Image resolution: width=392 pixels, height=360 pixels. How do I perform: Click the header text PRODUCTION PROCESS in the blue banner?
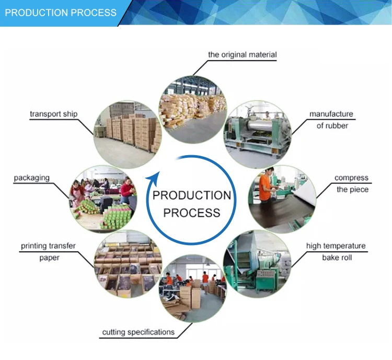click(61, 13)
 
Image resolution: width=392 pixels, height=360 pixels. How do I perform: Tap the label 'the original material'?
click(243, 54)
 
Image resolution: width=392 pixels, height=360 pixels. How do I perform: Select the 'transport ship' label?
click(53, 114)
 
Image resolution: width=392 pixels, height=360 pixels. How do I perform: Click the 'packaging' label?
click(32, 178)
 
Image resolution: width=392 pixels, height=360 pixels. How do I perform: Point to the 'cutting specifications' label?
click(138, 332)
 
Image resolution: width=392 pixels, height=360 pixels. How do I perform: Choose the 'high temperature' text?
click(336, 246)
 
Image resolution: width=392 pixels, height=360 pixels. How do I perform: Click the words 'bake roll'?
click(337, 258)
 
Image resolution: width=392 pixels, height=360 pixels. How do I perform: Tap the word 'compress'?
click(351, 178)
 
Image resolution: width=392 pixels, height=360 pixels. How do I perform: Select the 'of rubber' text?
click(332, 125)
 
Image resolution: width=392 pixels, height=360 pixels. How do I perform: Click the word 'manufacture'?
click(331, 114)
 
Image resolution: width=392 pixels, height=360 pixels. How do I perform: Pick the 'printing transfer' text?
click(48, 246)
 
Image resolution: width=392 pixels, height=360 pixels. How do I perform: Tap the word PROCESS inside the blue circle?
click(191, 213)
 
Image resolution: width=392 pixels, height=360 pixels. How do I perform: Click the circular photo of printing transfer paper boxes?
click(128, 264)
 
